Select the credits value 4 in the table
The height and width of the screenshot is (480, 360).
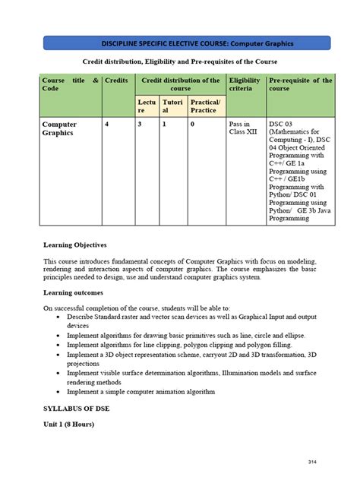pyautogui.click(x=108, y=123)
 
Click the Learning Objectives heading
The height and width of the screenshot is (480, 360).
pyautogui.click(x=75, y=245)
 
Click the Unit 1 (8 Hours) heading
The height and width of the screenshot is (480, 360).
pyautogui.click(x=69, y=425)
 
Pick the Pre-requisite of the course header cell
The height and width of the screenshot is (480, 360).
pyautogui.click(x=300, y=84)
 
